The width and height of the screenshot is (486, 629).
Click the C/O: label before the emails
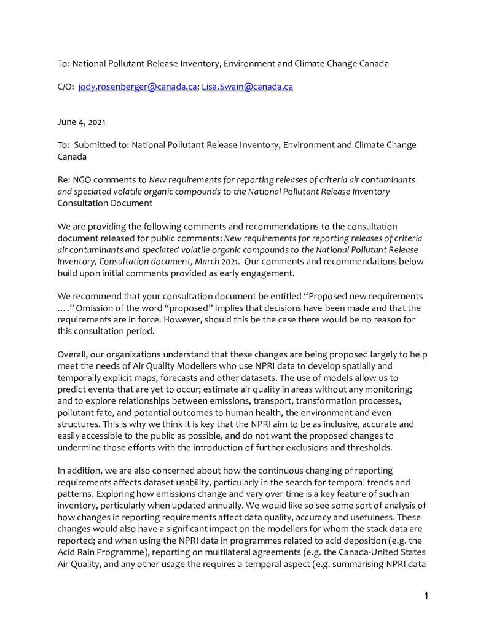tap(66, 87)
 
